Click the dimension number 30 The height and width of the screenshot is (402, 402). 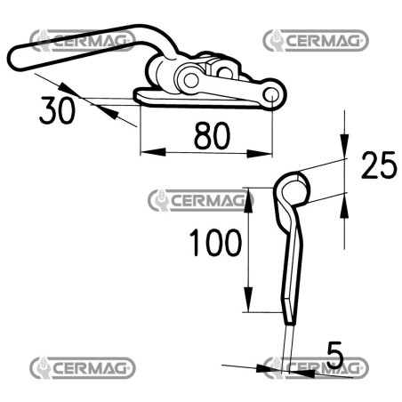point(57,110)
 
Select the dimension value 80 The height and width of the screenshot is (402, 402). point(212,136)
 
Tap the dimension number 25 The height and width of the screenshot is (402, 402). point(379,165)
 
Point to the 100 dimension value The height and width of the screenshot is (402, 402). point(215,243)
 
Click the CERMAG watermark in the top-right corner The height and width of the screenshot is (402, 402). point(316,40)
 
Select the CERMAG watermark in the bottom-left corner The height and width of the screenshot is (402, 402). point(83,368)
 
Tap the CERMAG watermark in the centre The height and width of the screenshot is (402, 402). point(201,200)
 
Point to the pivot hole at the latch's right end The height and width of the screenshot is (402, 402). point(271,95)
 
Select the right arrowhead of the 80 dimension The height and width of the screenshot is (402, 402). point(260,153)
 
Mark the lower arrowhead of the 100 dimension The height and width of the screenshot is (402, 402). point(249,300)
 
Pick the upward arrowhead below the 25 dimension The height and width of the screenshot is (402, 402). point(344,205)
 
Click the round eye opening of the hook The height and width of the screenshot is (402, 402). point(293,191)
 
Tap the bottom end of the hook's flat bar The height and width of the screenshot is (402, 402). point(289,323)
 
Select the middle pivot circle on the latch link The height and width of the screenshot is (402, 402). point(190,79)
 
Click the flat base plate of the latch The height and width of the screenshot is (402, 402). point(196,99)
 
